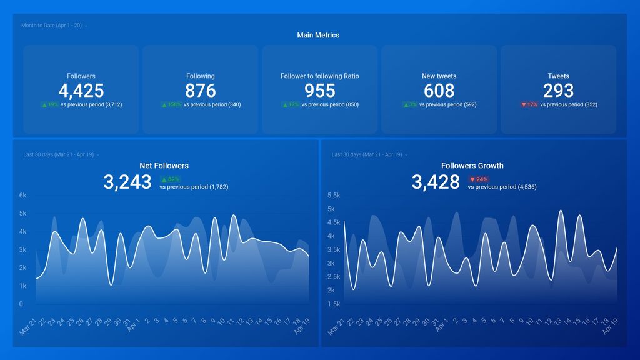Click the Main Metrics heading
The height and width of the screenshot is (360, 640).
pos(318,36)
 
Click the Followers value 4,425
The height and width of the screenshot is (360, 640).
pos(81,91)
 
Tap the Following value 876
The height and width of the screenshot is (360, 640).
pos(200,91)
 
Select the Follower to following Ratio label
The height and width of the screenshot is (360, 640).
pos(319,76)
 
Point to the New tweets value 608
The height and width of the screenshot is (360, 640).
pos(439,91)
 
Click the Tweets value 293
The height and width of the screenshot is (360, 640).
pos(558,91)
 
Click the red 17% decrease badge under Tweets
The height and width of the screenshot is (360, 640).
pos(529,105)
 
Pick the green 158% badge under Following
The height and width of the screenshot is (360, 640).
pos(171,105)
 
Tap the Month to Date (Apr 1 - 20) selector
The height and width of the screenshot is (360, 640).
pos(52,26)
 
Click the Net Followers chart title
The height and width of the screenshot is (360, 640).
pos(164,166)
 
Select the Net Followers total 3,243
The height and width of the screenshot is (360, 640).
pos(127,182)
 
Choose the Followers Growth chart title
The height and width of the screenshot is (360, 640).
pos(472,166)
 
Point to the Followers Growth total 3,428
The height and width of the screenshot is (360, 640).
pos(436,182)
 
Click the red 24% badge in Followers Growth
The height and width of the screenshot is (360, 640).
pos(478,179)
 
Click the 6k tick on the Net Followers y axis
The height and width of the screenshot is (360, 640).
pos(22,196)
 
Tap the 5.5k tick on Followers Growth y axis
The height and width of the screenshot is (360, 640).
pos(334,196)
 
